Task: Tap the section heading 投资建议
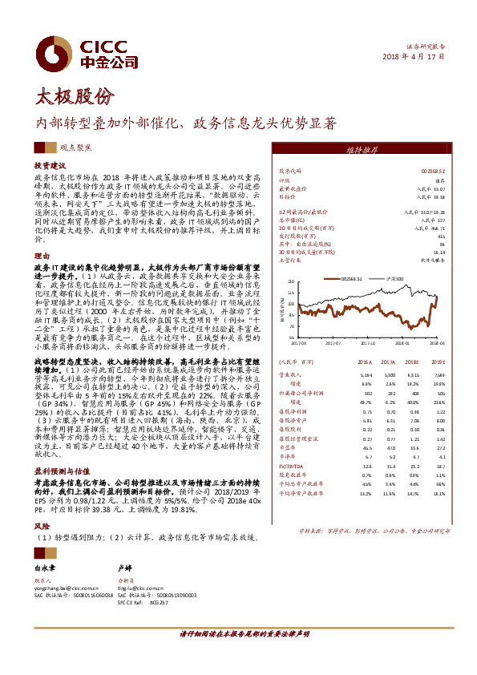click(49, 164)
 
